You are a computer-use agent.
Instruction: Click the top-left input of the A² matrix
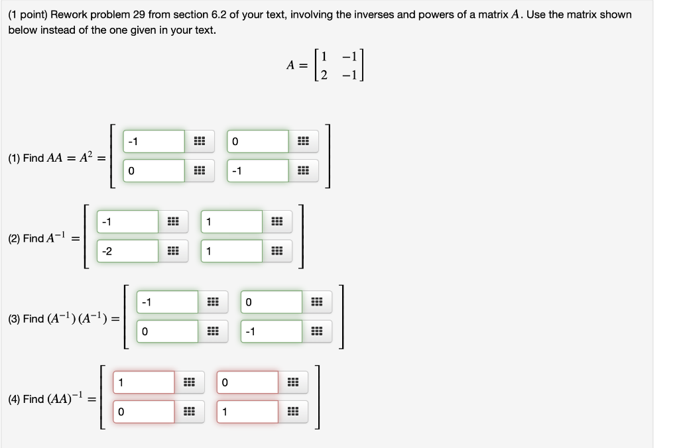154,141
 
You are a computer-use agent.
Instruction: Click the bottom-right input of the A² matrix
258,170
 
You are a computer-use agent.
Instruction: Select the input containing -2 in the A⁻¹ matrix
127,251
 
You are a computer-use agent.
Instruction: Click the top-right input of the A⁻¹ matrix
231,222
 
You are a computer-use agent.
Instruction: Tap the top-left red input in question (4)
143,382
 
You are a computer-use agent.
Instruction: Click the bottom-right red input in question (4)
247,412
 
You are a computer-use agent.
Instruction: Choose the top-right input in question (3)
271,302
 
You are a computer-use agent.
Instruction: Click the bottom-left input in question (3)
167,331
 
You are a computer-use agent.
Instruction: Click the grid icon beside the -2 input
173,251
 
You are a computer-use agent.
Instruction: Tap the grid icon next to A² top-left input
200,141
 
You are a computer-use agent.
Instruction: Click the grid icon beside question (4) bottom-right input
293,412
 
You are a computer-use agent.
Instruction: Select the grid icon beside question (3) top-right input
317,302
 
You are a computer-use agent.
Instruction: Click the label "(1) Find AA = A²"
53,158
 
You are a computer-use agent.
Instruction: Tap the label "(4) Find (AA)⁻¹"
48,399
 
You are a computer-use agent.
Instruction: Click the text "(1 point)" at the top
28,15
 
